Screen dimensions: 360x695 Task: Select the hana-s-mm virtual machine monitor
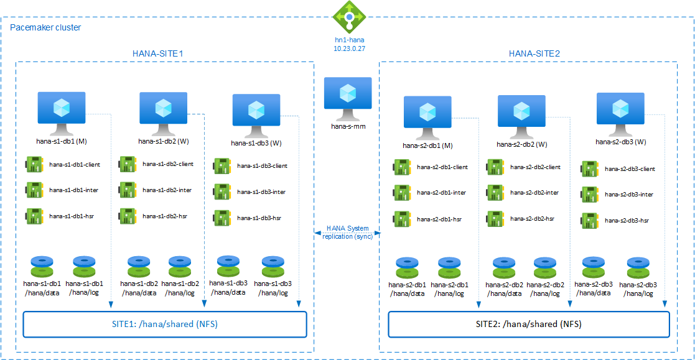pos(348,96)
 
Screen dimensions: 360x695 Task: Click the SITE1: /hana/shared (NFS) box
pos(165,324)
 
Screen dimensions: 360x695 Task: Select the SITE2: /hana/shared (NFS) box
pos(529,324)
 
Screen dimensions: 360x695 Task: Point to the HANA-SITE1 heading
pos(158,53)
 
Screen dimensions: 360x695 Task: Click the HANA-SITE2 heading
pos(534,53)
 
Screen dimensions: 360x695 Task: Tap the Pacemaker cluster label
pos(45,27)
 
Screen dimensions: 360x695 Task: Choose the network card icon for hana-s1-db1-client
pos(34,164)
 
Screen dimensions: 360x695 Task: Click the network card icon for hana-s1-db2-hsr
pos(128,216)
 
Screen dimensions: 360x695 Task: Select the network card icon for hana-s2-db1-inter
pos(401,192)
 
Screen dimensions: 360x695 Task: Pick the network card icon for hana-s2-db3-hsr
pos(590,220)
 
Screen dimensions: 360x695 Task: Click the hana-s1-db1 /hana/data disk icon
pos(41,266)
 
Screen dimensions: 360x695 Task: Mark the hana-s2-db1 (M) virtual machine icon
pos(427,114)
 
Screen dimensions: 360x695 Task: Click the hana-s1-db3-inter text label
pos(261,192)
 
